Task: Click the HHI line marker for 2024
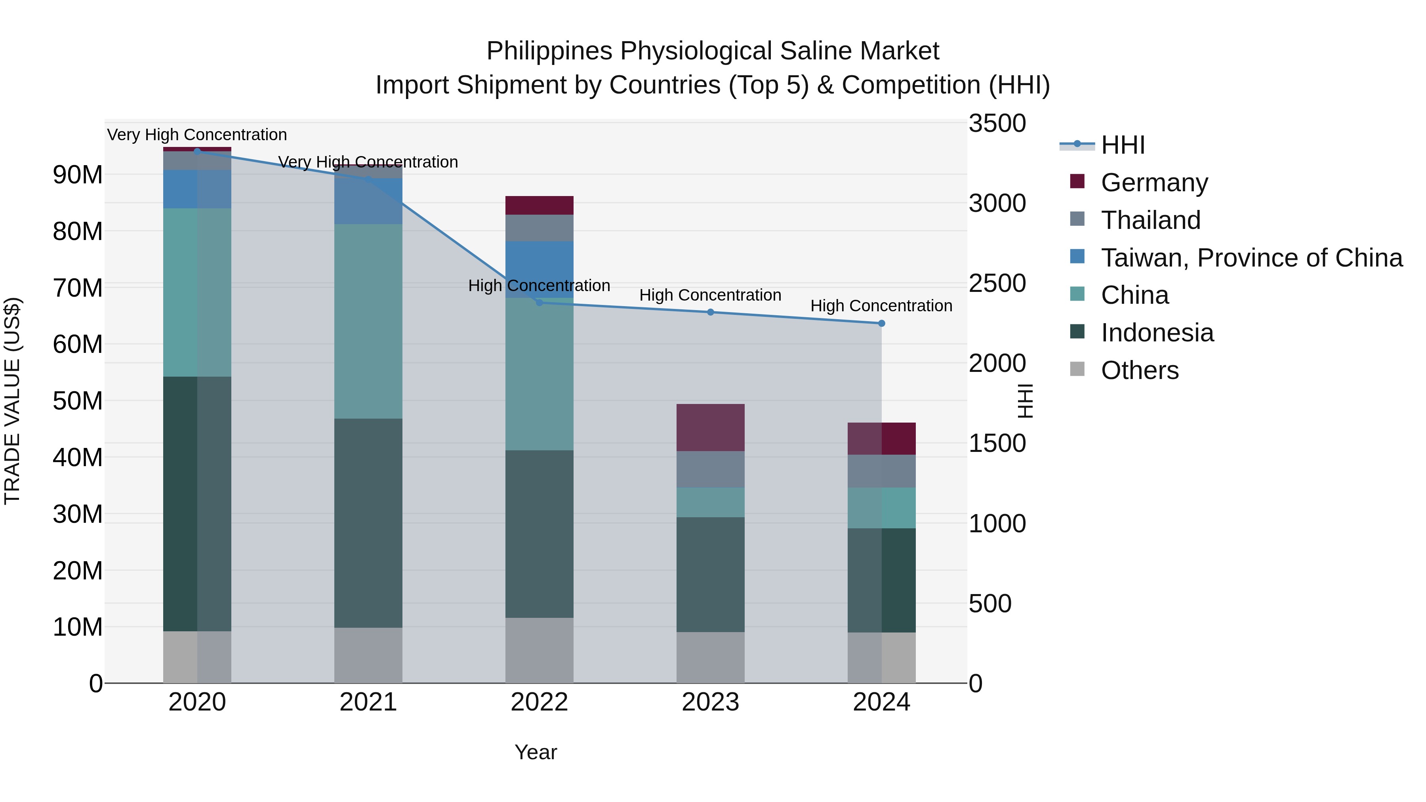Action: click(x=881, y=323)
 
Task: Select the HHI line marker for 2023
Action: click(x=710, y=312)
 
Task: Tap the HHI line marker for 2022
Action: click(x=540, y=302)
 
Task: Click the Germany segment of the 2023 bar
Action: click(x=710, y=427)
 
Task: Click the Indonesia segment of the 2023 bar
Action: click(x=710, y=575)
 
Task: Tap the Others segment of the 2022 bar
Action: click(x=540, y=650)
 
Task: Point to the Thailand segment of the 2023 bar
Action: click(x=710, y=469)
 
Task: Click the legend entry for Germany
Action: click(x=1154, y=183)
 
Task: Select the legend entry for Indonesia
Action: click(x=1157, y=333)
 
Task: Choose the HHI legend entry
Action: click(x=1123, y=145)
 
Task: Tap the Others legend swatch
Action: click(x=1077, y=369)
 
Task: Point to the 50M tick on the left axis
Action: click(x=78, y=401)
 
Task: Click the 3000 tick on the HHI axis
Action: click(x=997, y=203)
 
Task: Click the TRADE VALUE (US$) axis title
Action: click(x=12, y=401)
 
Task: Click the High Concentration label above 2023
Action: click(x=710, y=295)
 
